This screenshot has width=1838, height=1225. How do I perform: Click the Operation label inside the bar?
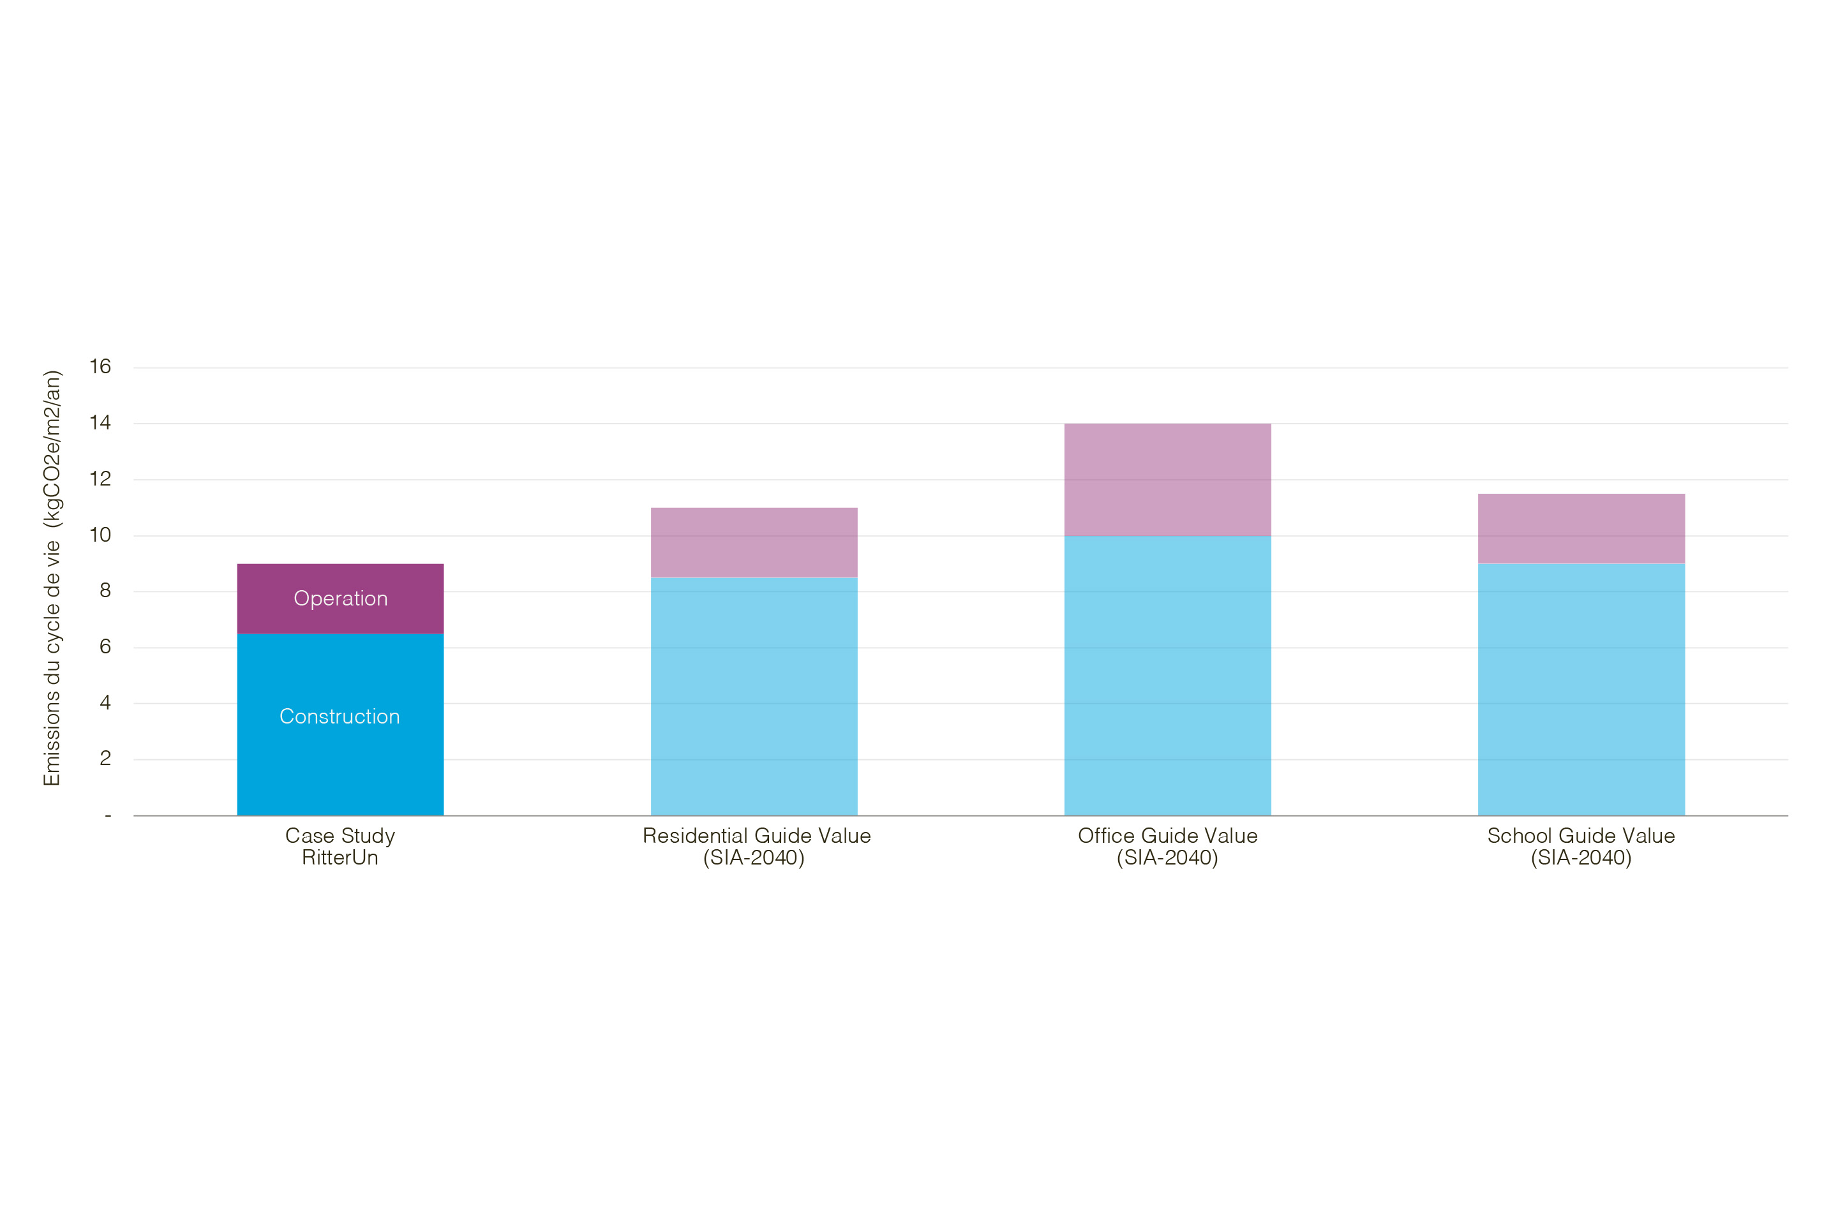tap(340, 598)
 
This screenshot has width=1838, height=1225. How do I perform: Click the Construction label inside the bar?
tap(340, 716)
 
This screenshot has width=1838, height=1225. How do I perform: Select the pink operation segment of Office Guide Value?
tap(1167, 480)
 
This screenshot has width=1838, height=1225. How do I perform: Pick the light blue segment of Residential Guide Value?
tap(754, 695)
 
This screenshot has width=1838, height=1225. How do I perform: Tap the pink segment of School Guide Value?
tap(1581, 528)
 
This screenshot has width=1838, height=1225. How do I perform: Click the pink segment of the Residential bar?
tap(754, 542)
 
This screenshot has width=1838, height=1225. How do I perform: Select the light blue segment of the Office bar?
tap(1167, 676)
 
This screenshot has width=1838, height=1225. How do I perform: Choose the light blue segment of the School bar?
tap(1581, 689)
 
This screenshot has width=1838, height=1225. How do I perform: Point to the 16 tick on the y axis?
tap(100, 366)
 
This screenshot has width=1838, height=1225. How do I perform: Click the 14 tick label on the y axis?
tap(100, 422)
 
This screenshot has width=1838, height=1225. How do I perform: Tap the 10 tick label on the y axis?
tap(100, 535)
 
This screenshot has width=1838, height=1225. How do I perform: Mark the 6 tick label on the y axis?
tap(105, 647)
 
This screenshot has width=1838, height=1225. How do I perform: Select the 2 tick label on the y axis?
tap(105, 759)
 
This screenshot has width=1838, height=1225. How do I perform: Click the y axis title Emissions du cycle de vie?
tap(52, 578)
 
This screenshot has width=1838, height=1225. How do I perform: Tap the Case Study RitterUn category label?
tap(340, 847)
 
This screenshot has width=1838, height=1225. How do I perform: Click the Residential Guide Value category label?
tap(756, 847)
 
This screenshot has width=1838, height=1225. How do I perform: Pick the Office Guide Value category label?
tap(1167, 847)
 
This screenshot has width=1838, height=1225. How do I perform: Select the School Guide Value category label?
tap(1581, 847)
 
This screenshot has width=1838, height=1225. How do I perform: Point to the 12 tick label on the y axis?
tap(100, 479)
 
